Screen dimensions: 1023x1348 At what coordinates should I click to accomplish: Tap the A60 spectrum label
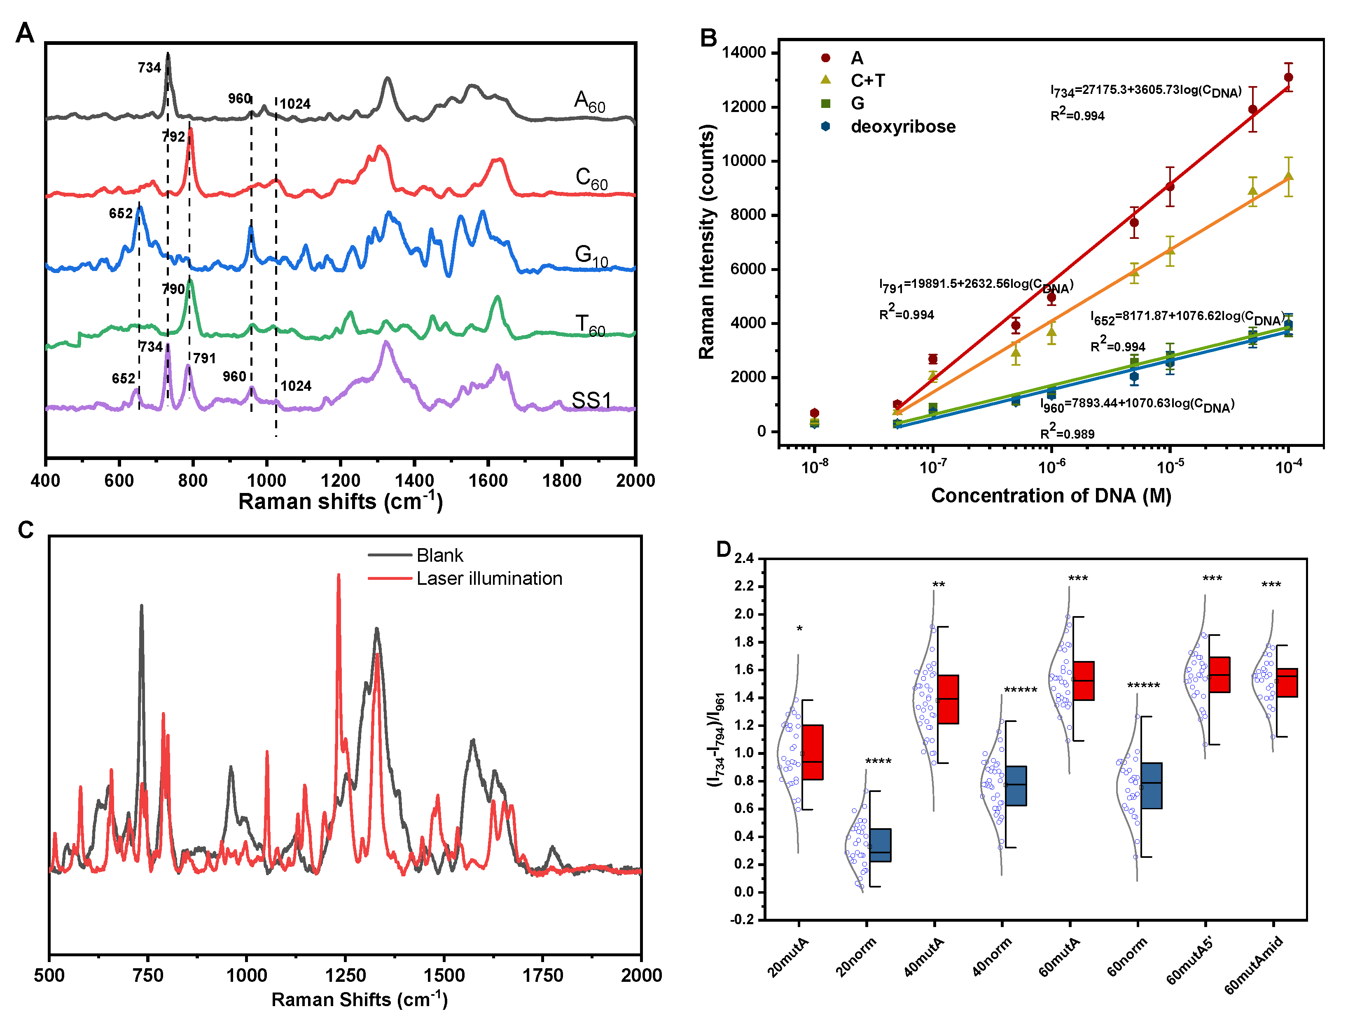coord(589,101)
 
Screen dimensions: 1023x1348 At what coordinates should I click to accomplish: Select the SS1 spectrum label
coord(591,400)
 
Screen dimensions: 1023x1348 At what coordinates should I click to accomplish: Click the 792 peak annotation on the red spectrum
coord(174,136)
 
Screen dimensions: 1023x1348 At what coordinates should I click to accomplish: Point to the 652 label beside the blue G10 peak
coord(121,213)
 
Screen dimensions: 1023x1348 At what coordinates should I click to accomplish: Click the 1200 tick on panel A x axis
coord(341,481)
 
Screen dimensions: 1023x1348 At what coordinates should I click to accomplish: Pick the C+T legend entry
coord(867,80)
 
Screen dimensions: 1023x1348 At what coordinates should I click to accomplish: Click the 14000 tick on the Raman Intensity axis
coord(743,53)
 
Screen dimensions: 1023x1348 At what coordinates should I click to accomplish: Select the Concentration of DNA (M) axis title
coord(1051,496)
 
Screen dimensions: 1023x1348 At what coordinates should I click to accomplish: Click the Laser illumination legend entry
coord(489,578)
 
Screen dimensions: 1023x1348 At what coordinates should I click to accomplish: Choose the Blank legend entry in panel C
coord(439,555)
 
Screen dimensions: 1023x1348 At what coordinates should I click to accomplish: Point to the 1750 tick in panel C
coord(542,976)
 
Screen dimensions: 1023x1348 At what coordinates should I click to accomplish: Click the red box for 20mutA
coord(812,752)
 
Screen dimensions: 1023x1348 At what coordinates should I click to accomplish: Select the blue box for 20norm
coord(880,845)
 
